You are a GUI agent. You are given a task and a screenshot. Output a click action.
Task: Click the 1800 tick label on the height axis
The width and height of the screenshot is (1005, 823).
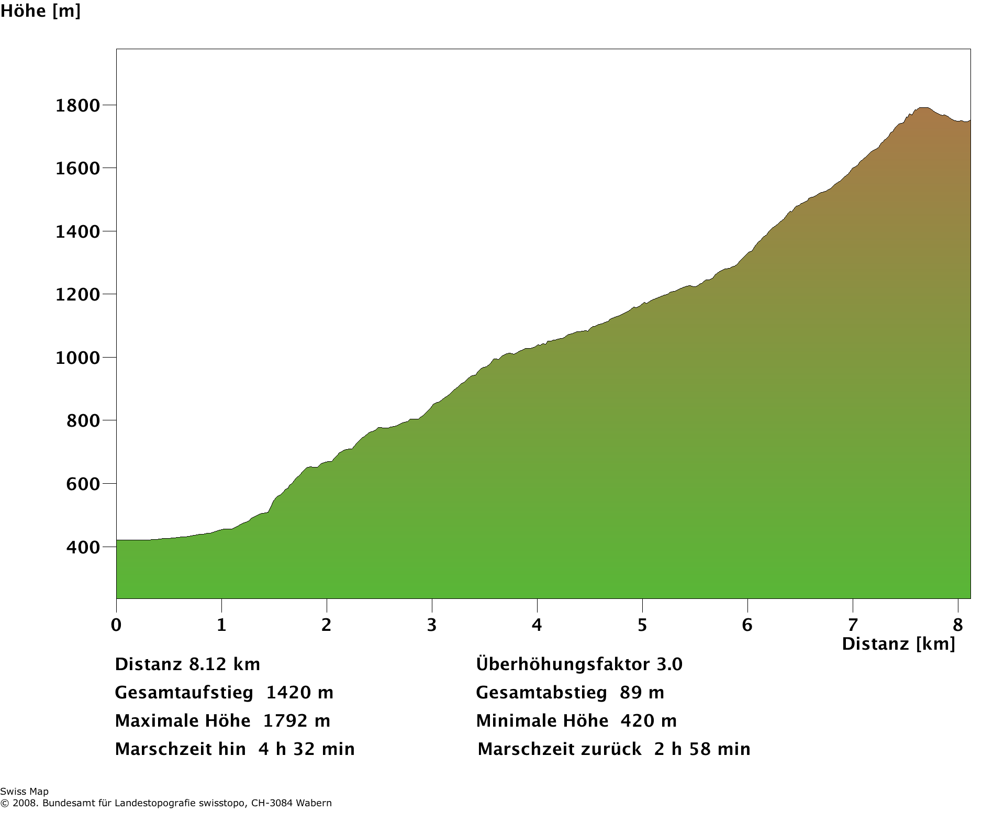tap(77, 106)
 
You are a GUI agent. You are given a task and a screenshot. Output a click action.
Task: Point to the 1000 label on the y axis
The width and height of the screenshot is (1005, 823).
tap(77, 358)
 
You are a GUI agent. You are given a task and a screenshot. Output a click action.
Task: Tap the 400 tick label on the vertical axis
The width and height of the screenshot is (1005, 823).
tap(83, 547)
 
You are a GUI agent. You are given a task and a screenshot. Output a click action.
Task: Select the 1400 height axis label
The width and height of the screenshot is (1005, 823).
tap(77, 232)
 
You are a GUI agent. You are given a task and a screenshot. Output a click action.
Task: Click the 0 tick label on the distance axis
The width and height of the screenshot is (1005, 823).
tap(116, 625)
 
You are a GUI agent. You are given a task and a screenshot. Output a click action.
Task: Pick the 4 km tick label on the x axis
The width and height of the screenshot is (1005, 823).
tap(537, 625)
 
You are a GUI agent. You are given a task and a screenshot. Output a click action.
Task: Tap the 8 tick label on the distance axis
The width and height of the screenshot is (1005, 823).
tap(958, 625)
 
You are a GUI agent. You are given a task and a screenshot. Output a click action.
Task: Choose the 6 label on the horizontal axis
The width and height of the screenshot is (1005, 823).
tap(747, 625)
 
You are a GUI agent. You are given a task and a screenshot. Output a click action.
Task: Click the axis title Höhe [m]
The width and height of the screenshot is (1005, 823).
tap(40, 11)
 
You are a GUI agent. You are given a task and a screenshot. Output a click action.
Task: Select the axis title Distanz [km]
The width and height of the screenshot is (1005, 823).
tap(898, 644)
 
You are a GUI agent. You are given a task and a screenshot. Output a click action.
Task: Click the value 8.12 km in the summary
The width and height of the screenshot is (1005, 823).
tap(225, 664)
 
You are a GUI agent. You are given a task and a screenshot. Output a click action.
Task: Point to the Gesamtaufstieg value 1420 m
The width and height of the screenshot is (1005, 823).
tap(299, 693)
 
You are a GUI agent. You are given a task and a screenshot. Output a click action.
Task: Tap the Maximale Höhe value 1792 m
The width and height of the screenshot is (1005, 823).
tap(296, 721)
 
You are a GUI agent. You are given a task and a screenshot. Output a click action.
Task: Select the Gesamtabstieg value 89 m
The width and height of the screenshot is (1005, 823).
tap(642, 693)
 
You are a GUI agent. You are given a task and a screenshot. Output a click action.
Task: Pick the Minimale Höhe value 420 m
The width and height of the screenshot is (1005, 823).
tap(649, 721)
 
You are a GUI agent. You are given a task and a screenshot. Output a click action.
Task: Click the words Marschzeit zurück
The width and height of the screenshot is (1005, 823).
tap(560, 749)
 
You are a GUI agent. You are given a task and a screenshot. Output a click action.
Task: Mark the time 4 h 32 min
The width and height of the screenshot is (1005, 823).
tap(306, 749)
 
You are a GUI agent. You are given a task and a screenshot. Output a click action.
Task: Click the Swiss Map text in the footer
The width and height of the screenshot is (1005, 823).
tap(25, 792)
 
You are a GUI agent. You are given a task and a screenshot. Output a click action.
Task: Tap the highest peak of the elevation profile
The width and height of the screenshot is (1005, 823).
tap(924, 108)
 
